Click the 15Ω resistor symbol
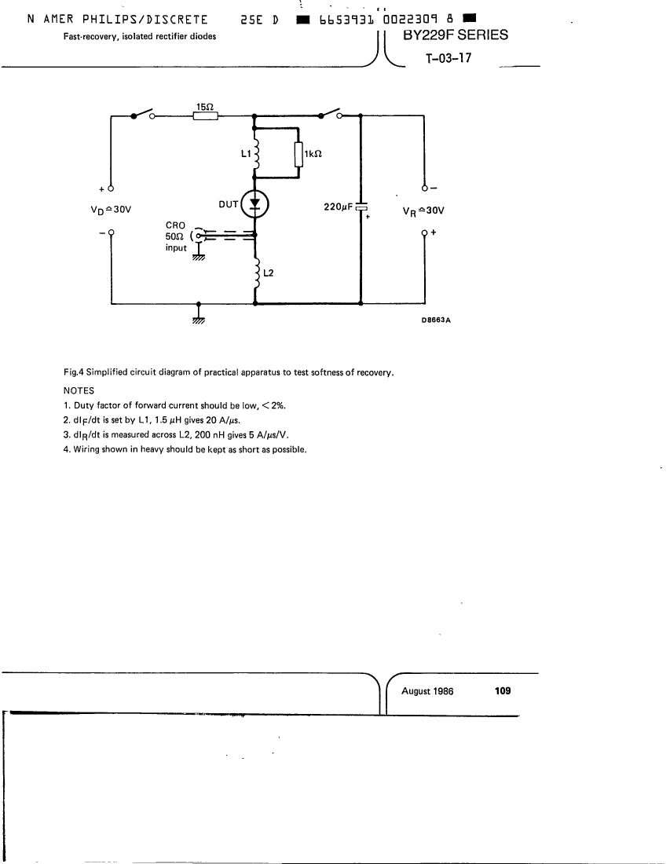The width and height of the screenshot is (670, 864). [x=206, y=115]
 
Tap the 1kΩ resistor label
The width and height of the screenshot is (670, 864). [x=313, y=154]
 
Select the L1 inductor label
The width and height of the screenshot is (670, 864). [x=246, y=153]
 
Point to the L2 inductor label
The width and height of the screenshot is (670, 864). [x=269, y=273]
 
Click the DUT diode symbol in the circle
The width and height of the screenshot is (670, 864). [x=254, y=204]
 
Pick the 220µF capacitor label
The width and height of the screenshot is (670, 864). [x=338, y=207]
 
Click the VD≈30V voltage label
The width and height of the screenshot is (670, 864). [x=111, y=210]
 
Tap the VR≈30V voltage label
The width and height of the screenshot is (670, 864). [x=423, y=211]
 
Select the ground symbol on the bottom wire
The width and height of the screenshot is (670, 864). [x=199, y=318]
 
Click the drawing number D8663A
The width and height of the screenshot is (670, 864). [x=436, y=320]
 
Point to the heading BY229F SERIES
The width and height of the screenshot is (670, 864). [x=456, y=35]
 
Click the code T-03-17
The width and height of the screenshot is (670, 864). [x=448, y=58]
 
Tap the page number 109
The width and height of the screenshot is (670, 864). [x=503, y=690]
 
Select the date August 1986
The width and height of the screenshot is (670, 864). [x=427, y=691]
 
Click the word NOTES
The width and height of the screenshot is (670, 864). [x=79, y=390]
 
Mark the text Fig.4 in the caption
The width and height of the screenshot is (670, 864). [x=73, y=372]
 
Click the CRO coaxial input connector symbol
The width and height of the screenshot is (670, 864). [x=197, y=236]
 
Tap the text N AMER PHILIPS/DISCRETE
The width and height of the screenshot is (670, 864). [x=117, y=20]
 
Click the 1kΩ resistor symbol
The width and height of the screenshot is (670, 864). [x=298, y=154]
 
